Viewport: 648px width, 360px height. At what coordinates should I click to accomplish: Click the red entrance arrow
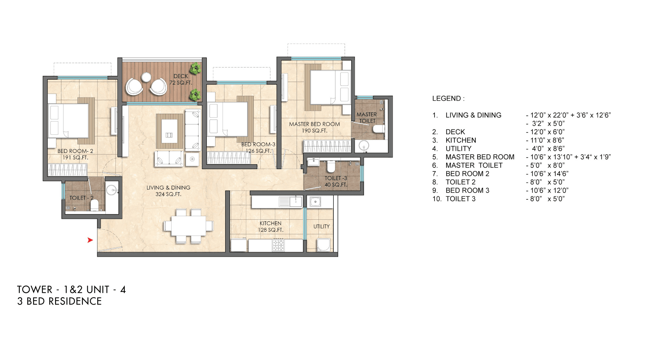coord(90,240)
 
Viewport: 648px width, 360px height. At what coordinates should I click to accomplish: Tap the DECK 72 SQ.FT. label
coord(181,79)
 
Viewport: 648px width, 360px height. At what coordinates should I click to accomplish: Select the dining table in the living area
coord(189,226)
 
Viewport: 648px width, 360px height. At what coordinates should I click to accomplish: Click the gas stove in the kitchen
coord(278,245)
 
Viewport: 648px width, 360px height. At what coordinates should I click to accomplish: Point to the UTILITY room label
coord(321,226)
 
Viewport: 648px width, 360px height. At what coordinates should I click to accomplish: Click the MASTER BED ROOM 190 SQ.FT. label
coord(314,127)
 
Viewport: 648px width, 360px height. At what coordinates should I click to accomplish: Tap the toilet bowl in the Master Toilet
coord(378,129)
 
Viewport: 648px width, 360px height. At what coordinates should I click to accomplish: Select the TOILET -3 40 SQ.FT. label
coord(336,181)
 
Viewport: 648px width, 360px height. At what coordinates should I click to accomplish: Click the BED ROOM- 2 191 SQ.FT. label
coord(75,154)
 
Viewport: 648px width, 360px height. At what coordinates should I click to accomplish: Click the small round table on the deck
coord(146,77)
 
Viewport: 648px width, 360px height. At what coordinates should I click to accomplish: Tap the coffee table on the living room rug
coord(169,131)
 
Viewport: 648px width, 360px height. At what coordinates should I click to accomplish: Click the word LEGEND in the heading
coord(446,99)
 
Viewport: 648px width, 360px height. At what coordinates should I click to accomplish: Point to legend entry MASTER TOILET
coord(474,165)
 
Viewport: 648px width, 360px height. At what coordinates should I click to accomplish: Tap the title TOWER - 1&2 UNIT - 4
coord(71,289)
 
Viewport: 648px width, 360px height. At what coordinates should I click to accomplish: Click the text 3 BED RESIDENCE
coord(60,301)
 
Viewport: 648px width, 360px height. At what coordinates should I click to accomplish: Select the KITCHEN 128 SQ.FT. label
coord(271,226)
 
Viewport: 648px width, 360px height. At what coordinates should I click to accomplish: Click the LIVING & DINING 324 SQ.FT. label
coord(168,191)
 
